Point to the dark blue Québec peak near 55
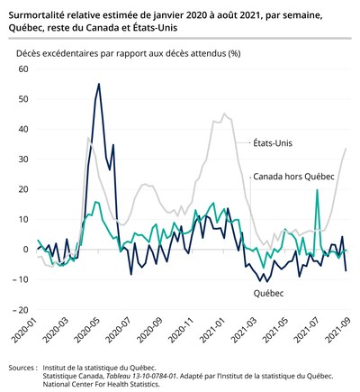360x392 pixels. coord(99,84)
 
